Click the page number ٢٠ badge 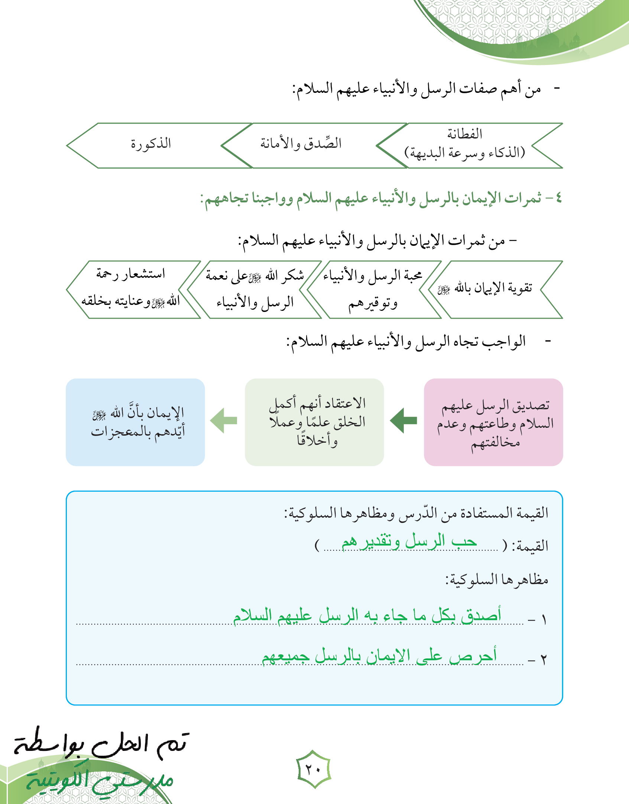[314, 769]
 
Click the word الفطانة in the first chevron [464, 134]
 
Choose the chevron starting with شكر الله [255, 289]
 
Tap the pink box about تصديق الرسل [493, 422]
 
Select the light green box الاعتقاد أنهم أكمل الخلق [314, 422]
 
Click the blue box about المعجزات [135, 422]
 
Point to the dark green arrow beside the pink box [404, 420]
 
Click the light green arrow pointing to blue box [224, 420]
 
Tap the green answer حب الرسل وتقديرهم [409, 542]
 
